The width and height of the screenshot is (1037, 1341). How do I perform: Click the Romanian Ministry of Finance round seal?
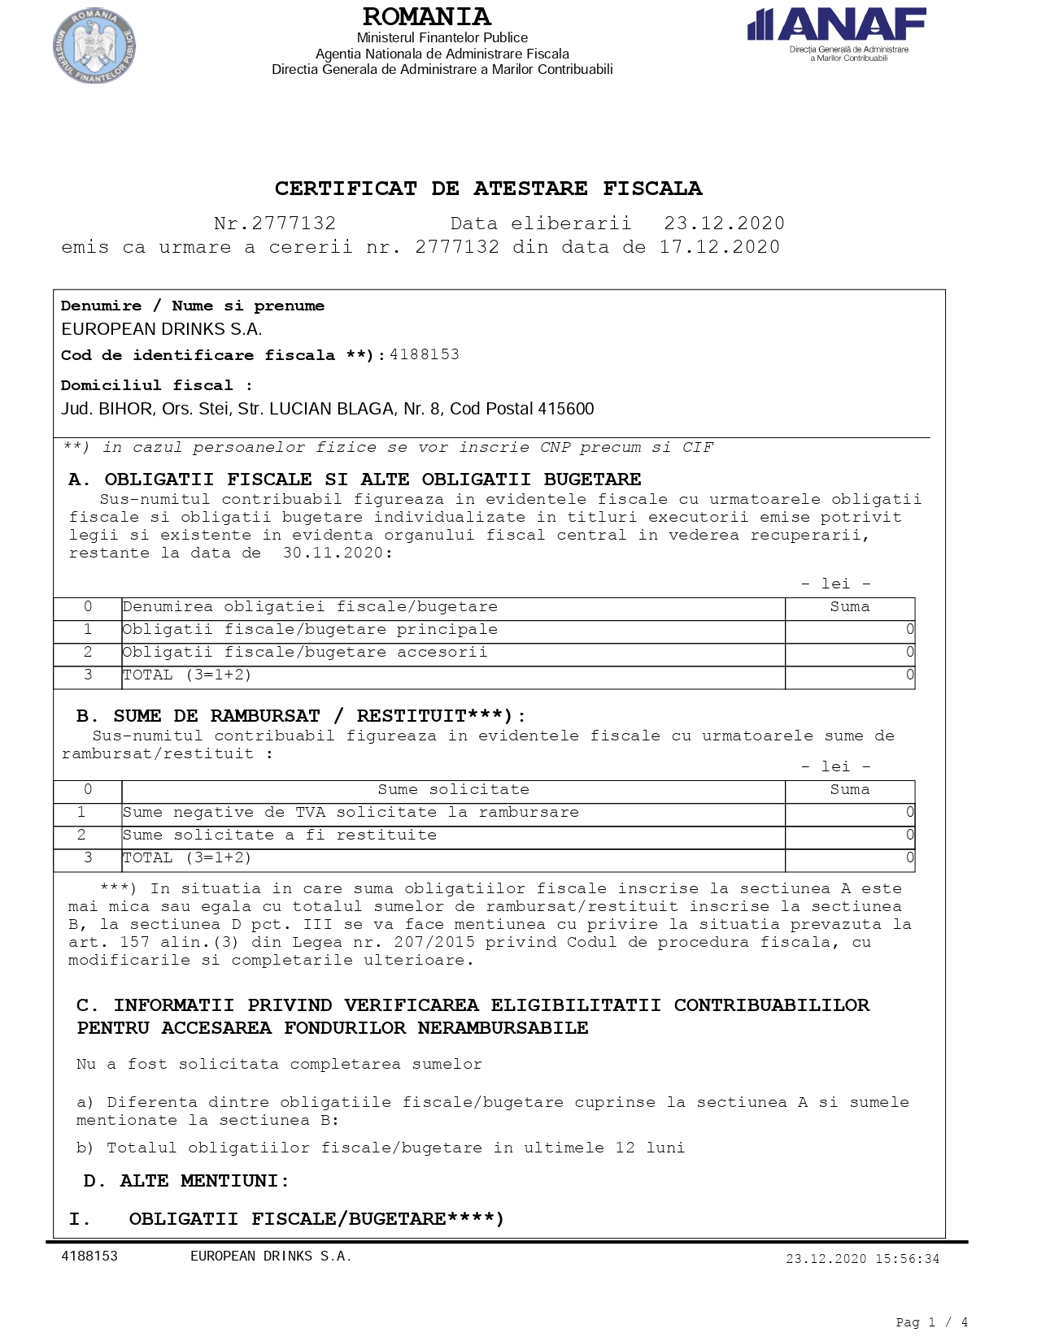coord(94,46)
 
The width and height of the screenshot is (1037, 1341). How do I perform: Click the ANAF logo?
coord(837,33)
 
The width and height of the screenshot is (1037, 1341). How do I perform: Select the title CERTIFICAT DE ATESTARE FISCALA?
coord(488,189)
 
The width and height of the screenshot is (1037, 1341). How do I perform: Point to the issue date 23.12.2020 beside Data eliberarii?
coord(724,223)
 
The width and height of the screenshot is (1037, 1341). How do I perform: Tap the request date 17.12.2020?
coord(719,247)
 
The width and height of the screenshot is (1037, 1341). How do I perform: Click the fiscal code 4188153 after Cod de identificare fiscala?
coord(425,354)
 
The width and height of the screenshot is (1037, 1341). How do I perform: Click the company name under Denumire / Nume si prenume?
coord(161,329)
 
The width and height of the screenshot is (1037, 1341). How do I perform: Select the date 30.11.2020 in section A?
coord(333,553)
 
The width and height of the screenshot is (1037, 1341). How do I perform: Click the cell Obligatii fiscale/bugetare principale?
coord(310,630)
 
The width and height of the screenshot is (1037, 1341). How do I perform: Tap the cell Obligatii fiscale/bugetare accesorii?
coord(305,653)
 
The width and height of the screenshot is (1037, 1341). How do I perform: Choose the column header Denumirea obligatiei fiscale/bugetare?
coord(310,607)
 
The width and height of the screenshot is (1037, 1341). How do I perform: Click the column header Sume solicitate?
coord(453,790)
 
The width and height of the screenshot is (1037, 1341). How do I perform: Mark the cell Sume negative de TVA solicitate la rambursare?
coord(351,813)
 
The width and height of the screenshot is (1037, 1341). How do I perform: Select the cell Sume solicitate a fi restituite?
coord(280,835)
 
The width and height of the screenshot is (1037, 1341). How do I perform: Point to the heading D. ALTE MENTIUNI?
coord(186,1181)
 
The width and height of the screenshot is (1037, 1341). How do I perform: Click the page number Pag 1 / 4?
coord(931,1322)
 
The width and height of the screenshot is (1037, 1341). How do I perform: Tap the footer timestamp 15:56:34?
coord(907,1259)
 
